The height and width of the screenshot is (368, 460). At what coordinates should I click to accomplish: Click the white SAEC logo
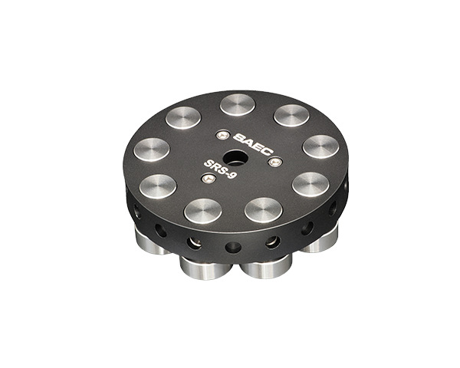pos(254,144)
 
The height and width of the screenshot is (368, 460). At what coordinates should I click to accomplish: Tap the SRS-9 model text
pos(220,168)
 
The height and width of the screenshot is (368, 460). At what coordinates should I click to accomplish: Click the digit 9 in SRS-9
pos(232,175)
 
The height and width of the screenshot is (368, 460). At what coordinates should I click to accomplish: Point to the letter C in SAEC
pos(268,150)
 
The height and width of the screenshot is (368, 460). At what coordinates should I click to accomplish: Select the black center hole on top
pos(234,157)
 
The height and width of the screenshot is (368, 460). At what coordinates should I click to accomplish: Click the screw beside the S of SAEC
pos(222,135)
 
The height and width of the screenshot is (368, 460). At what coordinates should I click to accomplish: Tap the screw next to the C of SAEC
pos(275,162)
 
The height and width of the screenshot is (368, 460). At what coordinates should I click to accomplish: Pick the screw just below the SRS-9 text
pos(209,178)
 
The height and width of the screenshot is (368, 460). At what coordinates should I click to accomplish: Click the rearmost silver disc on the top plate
pos(238,104)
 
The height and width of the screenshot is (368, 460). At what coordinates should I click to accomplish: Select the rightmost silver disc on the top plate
pos(321,146)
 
